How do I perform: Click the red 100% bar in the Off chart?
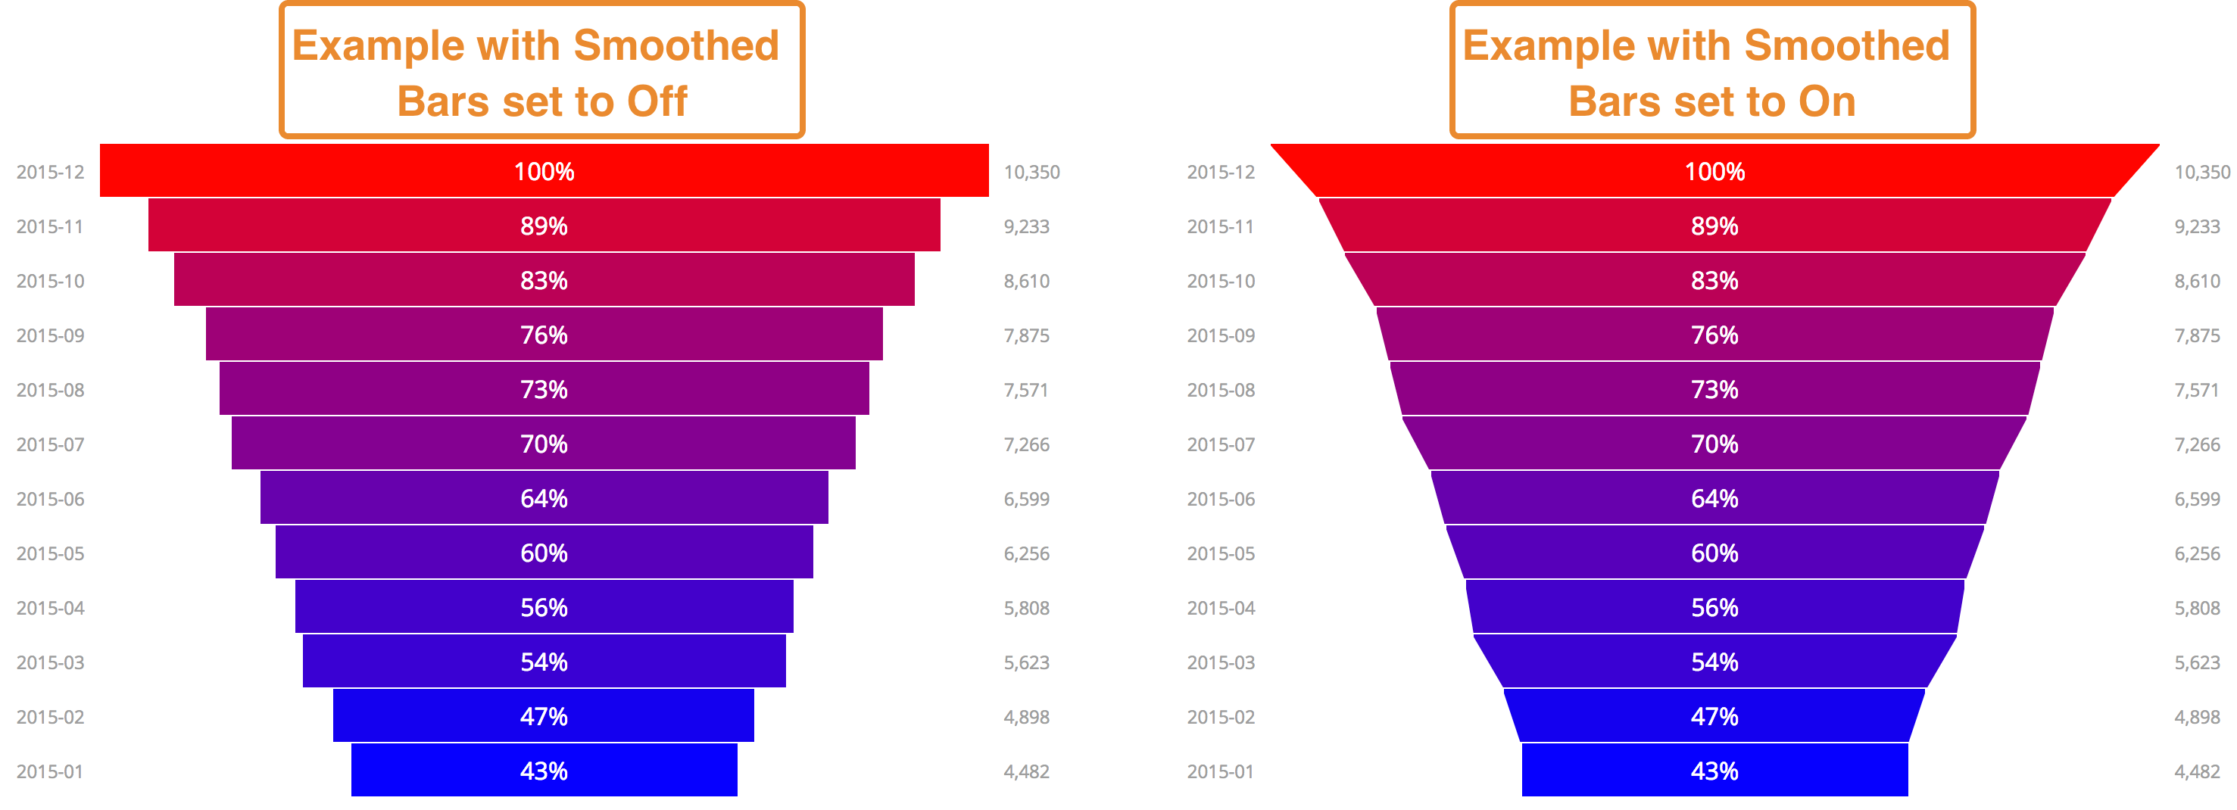pyautogui.click(x=348, y=171)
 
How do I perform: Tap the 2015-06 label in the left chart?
pyautogui.click(x=51, y=499)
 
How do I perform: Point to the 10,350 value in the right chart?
pyautogui.click(x=2201, y=172)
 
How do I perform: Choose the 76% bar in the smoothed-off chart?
pyautogui.click(x=391, y=335)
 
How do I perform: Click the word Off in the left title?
pyautogui.click(x=657, y=101)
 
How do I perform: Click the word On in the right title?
pyautogui.click(x=1827, y=101)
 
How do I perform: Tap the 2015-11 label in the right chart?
pyautogui.click(x=1220, y=226)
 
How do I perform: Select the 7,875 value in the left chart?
pyautogui.click(x=1026, y=335)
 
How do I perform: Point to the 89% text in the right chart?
pyautogui.click(x=1714, y=226)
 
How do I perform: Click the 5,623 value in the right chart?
pyautogui.click(x=2197, y=662)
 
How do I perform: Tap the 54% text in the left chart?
pyautogui.click(x=544, y=662)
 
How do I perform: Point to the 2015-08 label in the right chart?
pyautogui.click(x=1220, y=390)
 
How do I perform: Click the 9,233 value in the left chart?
pyautogui.click(x=1026, y=226)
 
